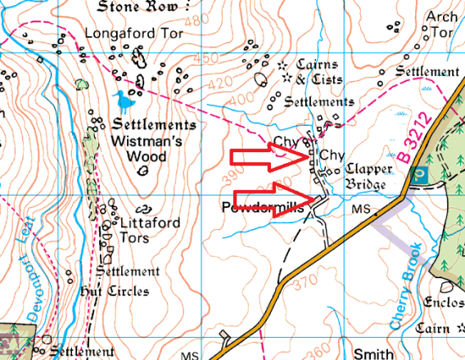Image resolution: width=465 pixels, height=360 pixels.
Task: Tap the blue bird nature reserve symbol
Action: tap(123, 101)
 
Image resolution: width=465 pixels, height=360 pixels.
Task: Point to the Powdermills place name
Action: tap(263, 208)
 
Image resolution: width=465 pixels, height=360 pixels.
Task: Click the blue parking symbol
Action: tap(419, 174)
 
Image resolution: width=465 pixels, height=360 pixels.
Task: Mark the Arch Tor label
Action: tap(443, 25)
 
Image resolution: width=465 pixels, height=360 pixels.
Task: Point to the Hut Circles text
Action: tap(114, 290)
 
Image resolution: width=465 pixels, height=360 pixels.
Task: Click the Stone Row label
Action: tap(137, 7)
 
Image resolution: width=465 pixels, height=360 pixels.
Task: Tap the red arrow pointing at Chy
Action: tap(270, 158)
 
